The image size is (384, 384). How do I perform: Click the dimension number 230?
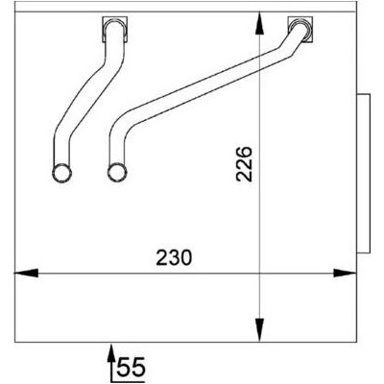(174, 258)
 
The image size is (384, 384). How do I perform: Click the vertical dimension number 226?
(244, 164)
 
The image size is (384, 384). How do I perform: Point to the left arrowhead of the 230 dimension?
(26, 274)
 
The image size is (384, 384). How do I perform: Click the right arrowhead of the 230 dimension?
(345, 274)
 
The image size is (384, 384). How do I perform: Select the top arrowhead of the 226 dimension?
(260, 23)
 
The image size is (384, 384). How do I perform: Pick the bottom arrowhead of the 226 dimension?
(260, 330)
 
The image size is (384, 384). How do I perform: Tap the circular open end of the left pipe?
(61, 174)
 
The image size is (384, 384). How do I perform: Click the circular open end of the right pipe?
(117, 172)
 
